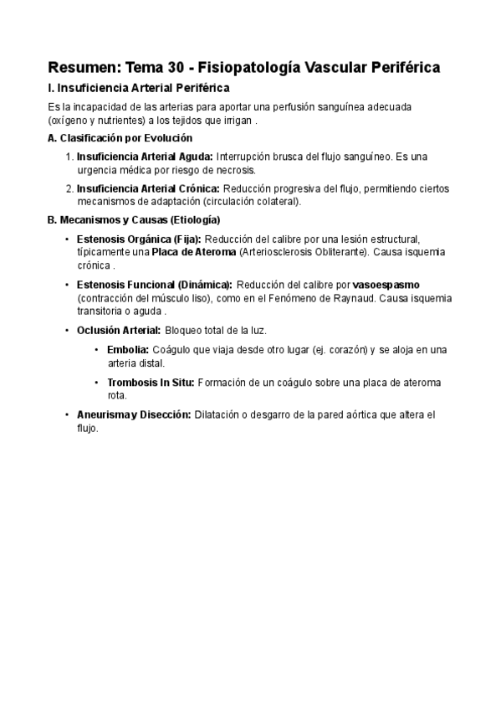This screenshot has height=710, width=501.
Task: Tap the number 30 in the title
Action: [183, 67]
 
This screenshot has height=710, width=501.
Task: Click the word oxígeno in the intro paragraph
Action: [73, 121]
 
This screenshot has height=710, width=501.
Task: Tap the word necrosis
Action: [209, 170]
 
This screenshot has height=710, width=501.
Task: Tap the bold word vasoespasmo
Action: [386, 285]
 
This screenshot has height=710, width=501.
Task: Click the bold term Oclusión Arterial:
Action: [119, 330]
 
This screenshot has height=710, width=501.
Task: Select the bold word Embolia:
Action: [128, 349]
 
